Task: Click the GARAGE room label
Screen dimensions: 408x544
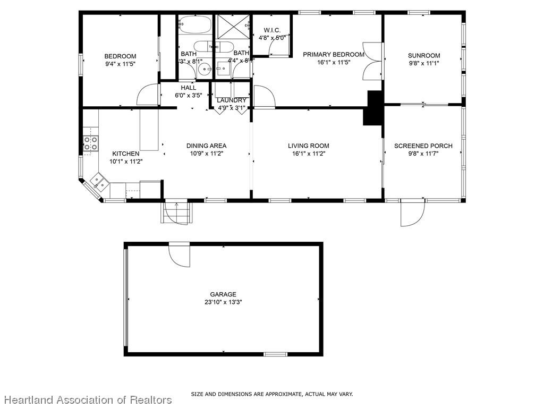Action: [223, 294]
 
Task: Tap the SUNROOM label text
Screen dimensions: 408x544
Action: [424, 55]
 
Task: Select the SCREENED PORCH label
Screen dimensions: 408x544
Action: [423, 146]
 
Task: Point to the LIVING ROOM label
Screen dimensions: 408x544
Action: [309, 146]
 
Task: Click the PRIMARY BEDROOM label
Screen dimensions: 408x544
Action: [334, 54]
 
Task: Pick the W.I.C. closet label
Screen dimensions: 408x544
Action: [272, 30]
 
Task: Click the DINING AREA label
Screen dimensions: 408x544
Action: [206, 146]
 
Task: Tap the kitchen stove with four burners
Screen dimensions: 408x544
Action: [91, 143]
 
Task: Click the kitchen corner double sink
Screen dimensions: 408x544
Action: [98, 182]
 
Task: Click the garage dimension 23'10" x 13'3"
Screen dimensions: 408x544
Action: [223, 302]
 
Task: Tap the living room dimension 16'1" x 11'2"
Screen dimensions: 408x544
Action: [309, 154]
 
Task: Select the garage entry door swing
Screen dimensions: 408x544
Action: [180, 256]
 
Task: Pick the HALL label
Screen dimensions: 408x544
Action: [188, 88]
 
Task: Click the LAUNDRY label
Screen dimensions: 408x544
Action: [232, 100]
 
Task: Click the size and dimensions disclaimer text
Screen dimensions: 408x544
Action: [271, 394]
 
